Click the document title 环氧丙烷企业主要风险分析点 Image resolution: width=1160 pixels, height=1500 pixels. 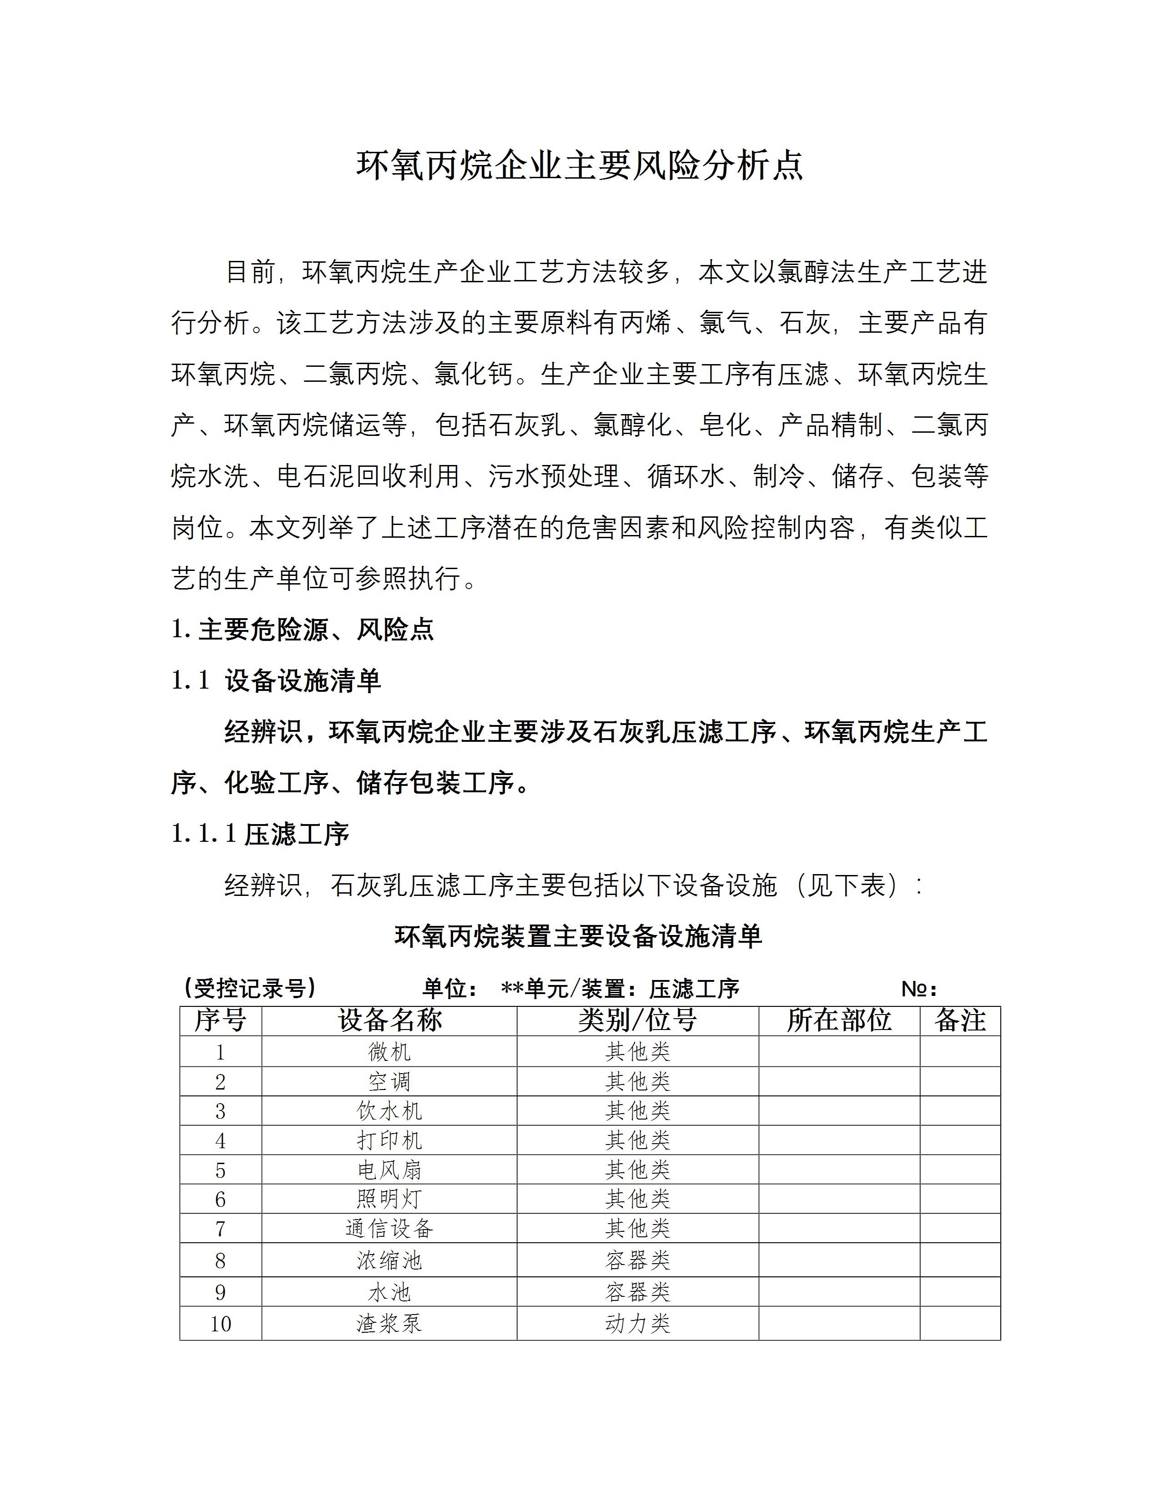[579, 166]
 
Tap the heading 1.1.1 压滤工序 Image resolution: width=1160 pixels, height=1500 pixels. [261, 835]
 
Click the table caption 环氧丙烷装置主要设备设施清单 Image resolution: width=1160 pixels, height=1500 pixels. [579, 937]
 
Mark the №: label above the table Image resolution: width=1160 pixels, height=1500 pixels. [919, 989]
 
